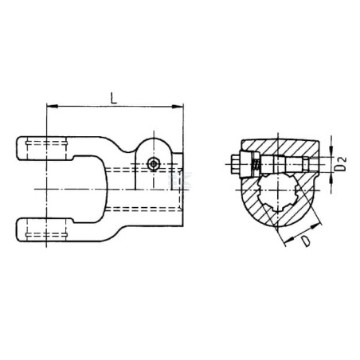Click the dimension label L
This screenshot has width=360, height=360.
point(114,98)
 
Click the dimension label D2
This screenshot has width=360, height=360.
point(340,164)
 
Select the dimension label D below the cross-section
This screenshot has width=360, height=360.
point(306,241)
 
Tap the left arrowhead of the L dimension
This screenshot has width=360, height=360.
point(52,106)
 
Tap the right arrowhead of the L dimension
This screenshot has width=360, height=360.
point(178,107)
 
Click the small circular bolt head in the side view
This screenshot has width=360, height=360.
point(154,163)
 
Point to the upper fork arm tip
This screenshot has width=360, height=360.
point(18,148)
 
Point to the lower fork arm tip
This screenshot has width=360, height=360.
point(18,229)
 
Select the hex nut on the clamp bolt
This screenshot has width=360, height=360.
point(236,164)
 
